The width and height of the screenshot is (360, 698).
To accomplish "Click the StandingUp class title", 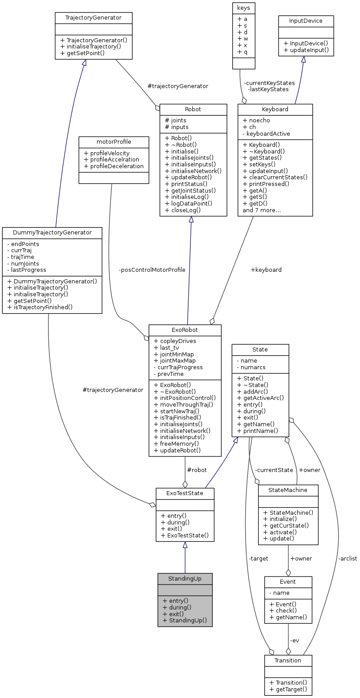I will click(x=185, y=578).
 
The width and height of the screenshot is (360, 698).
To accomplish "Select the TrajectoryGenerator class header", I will click(x=93, y=18).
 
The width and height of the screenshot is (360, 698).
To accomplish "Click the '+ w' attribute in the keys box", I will click(x=243, y=39).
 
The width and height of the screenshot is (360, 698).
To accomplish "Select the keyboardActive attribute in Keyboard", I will click(x=267, y=133).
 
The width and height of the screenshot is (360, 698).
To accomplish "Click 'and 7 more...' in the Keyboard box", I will click(x=262, y=210).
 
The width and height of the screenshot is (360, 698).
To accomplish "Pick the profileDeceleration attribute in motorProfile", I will click(x=113, y=166).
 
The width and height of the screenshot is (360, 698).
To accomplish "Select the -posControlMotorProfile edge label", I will click(x=152, y=270).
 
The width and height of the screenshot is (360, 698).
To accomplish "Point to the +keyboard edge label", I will click(x=266, y=270).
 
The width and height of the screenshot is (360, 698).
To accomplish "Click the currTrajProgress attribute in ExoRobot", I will click(x=178, y=367).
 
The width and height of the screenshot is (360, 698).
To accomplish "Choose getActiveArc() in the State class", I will click(x=260, y=398).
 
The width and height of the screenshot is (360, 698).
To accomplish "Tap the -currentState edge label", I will click(x=274, y=470).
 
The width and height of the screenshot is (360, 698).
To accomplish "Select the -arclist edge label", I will click(x=347, y=558).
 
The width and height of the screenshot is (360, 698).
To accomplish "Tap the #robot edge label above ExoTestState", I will click(x=197, y=470).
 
